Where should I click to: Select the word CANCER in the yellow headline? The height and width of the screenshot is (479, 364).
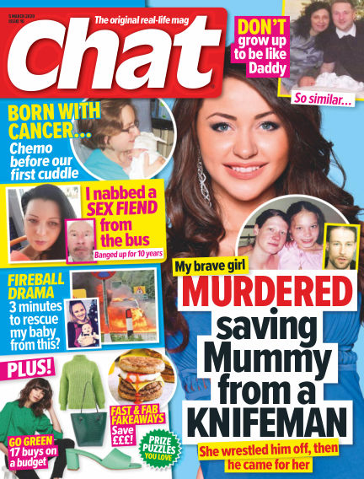(35, 132)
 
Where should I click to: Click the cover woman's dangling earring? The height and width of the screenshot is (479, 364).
(201, 175)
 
